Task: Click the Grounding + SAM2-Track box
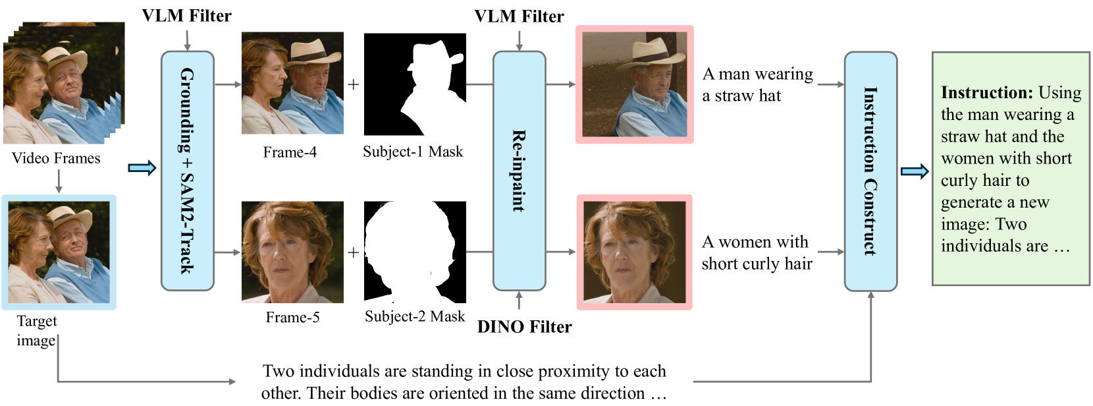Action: (x=188, y=171)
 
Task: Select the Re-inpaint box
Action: (x=519, y=171)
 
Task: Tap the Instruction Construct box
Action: (x=870, y=171)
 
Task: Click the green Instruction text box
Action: (x=1011, y=169)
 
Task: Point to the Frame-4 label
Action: (x=290, y=152)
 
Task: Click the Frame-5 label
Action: (x=292, y=318)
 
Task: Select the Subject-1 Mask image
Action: (x=415, y=84)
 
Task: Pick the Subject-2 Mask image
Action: (x=415, y=252)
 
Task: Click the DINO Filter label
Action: (x=524, y=327)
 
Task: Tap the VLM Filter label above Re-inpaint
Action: (x=519, y=16)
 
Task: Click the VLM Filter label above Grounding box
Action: (x=186, y=16)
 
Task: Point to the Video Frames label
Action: (x=56, y=158)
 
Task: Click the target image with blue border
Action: (x=59, y=252)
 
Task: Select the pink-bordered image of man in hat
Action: (x=634, y=84)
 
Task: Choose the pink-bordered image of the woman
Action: (x=634, y=252)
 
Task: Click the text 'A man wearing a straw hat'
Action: (x=757, y=84)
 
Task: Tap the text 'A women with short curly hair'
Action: (x=757, y=252)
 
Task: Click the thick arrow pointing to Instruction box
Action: (x=914, y=172)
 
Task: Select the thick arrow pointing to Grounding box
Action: (x=142, y=168)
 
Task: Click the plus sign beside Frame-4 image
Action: (x=354, y=84)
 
